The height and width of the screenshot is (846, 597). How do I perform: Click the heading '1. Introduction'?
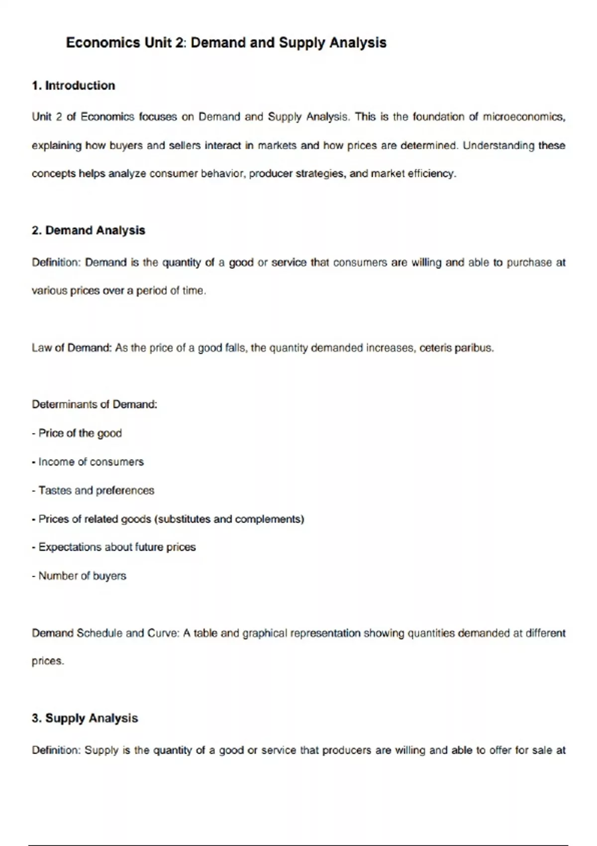[x=73, y=86]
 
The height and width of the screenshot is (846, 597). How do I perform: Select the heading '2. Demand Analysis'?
[x=88, y=230]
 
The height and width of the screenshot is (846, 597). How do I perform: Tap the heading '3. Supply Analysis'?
[x=85, y=718]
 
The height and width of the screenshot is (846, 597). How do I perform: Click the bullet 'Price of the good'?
[x=80, y=433]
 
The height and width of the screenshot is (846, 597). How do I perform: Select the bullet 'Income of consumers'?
[x=91, y=462]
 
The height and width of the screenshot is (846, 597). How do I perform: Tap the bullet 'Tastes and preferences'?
[x=96, y=490]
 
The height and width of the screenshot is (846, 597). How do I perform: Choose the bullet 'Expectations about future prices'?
[x=117, y=547]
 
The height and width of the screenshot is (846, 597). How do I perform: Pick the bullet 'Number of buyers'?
[x=82, y=576]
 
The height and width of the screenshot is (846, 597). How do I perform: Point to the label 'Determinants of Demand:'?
[x=95, y=404]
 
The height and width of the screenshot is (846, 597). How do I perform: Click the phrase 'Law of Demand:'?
[x=72, y=348]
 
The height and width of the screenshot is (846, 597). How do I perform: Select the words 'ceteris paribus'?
[x=456, y=348]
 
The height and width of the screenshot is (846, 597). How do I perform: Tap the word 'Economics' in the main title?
[x=103, y=43]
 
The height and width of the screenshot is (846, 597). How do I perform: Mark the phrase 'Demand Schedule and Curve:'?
[x=105, y=633]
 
